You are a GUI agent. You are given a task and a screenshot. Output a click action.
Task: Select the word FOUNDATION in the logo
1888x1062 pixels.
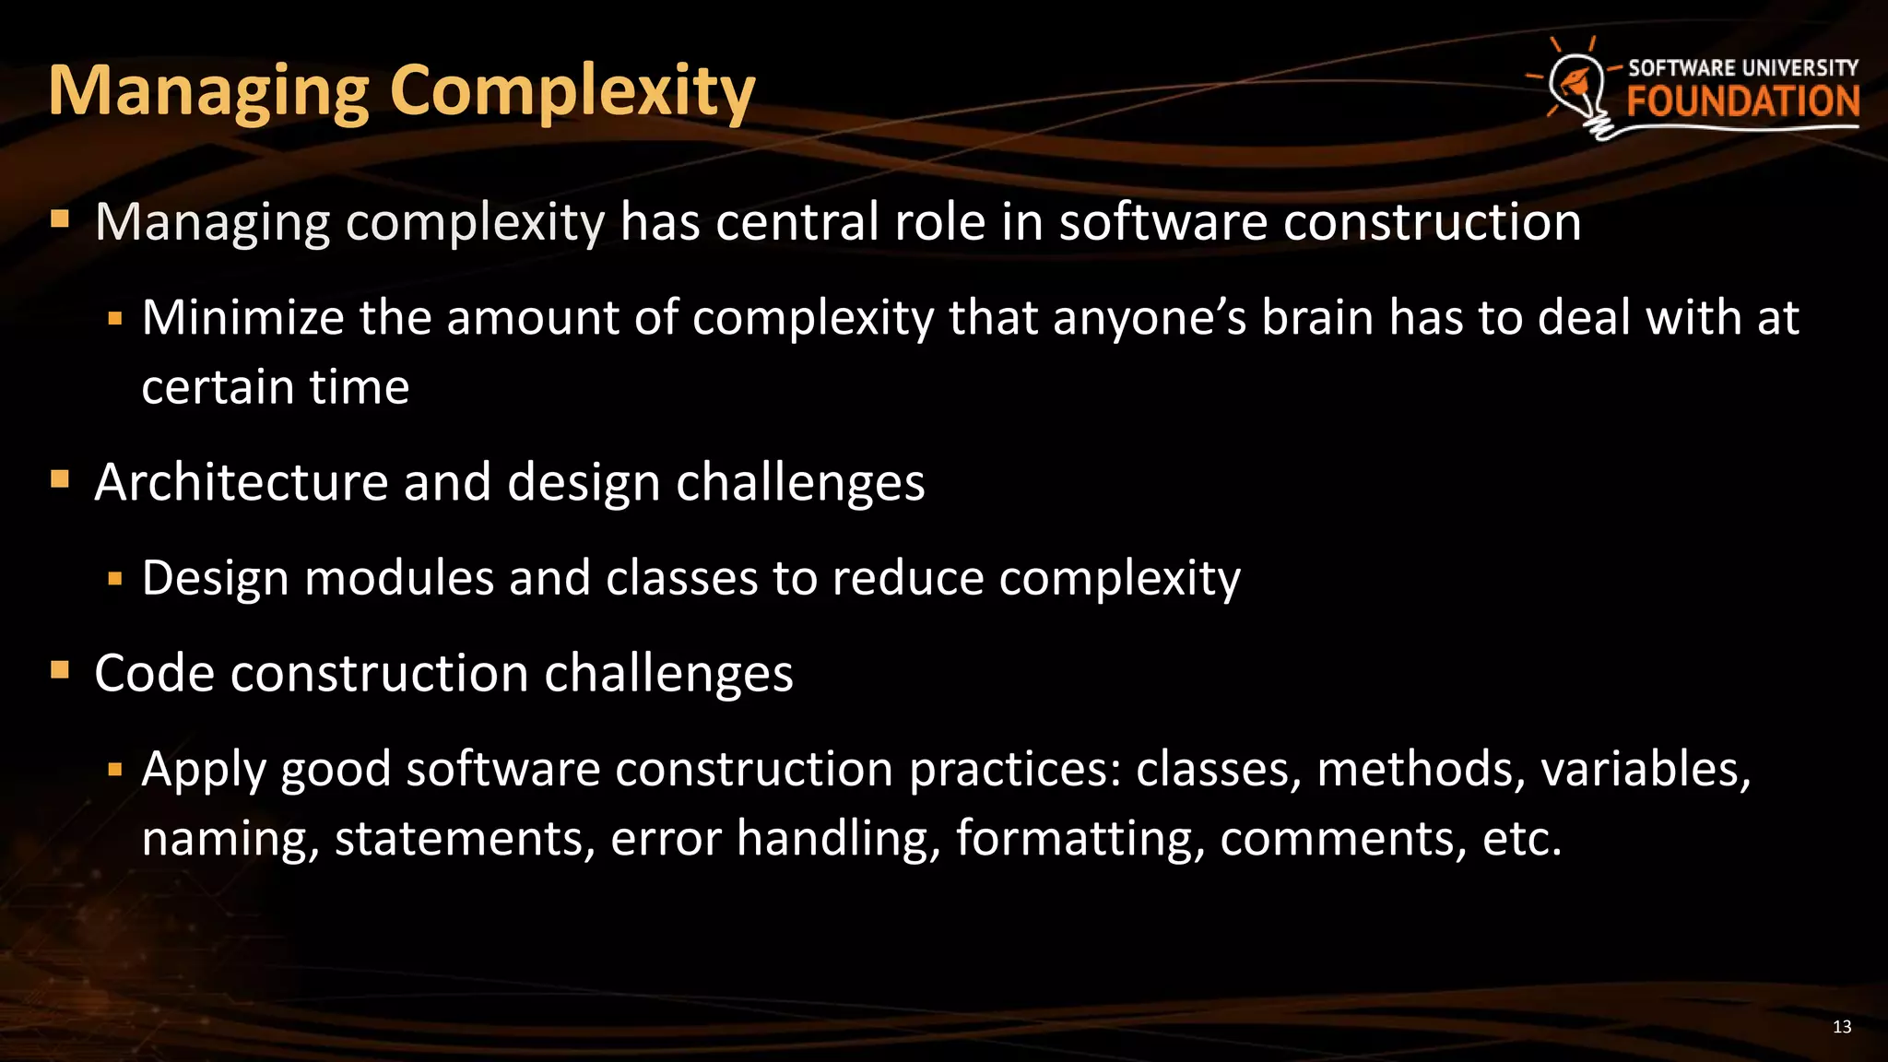click(1742, 101)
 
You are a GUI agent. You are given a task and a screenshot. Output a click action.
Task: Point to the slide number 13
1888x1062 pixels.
click(1842, 1027)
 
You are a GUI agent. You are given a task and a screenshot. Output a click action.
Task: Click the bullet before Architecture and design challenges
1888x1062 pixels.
click(61, 478)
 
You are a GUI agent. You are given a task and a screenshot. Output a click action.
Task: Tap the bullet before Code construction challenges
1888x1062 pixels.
click(61, 669)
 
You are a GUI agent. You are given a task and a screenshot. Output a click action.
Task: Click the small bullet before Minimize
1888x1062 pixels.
click(115, 320)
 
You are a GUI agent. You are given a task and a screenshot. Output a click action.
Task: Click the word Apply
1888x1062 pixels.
click(204, 770)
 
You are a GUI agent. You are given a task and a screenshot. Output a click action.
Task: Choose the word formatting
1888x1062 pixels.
click(1080, 839)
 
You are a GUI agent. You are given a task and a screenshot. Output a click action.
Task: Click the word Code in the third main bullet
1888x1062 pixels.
click(154, 673)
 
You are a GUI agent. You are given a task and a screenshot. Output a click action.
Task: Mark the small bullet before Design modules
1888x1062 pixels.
click(115, 580)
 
